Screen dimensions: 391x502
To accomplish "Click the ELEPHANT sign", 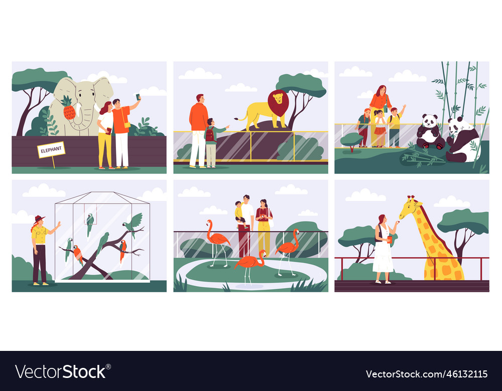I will [51, 149].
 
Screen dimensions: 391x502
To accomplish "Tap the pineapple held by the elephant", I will [69, 109].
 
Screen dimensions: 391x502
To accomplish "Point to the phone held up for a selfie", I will [138, 97].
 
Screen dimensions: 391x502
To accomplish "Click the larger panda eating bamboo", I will [462, 140].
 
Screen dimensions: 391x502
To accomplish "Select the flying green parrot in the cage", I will [134, 223].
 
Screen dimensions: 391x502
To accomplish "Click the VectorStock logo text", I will [61, 371].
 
